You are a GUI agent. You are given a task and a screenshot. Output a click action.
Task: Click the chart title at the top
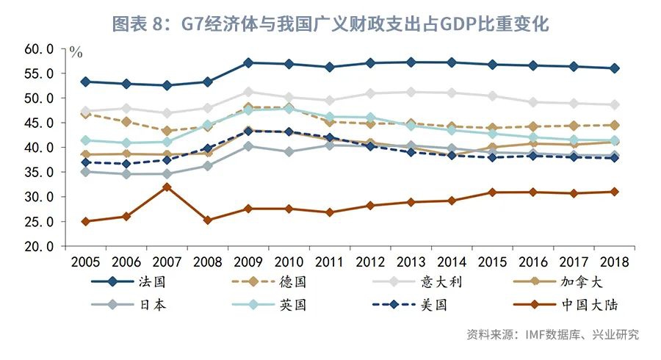tap(330, 24)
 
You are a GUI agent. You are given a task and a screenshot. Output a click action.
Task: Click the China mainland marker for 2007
tap(167, 187)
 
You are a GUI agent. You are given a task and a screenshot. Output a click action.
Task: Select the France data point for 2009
tap(248, 62)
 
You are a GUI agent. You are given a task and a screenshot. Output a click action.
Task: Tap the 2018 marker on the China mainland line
tap(613, 192)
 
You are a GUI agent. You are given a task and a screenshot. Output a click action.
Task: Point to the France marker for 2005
tap(85, 82)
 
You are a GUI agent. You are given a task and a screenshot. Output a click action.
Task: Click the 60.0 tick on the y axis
tap(40, 49)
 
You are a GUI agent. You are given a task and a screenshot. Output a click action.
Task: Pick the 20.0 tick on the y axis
tap(40, 247)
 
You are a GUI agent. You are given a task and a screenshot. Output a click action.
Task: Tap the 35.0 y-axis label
tap(40, 173)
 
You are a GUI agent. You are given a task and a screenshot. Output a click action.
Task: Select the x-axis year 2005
tap(85, 262)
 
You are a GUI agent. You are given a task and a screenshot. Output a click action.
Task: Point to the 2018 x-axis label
tap(613, 262)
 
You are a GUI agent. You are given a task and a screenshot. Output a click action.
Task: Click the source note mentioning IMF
tap(553, 335)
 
